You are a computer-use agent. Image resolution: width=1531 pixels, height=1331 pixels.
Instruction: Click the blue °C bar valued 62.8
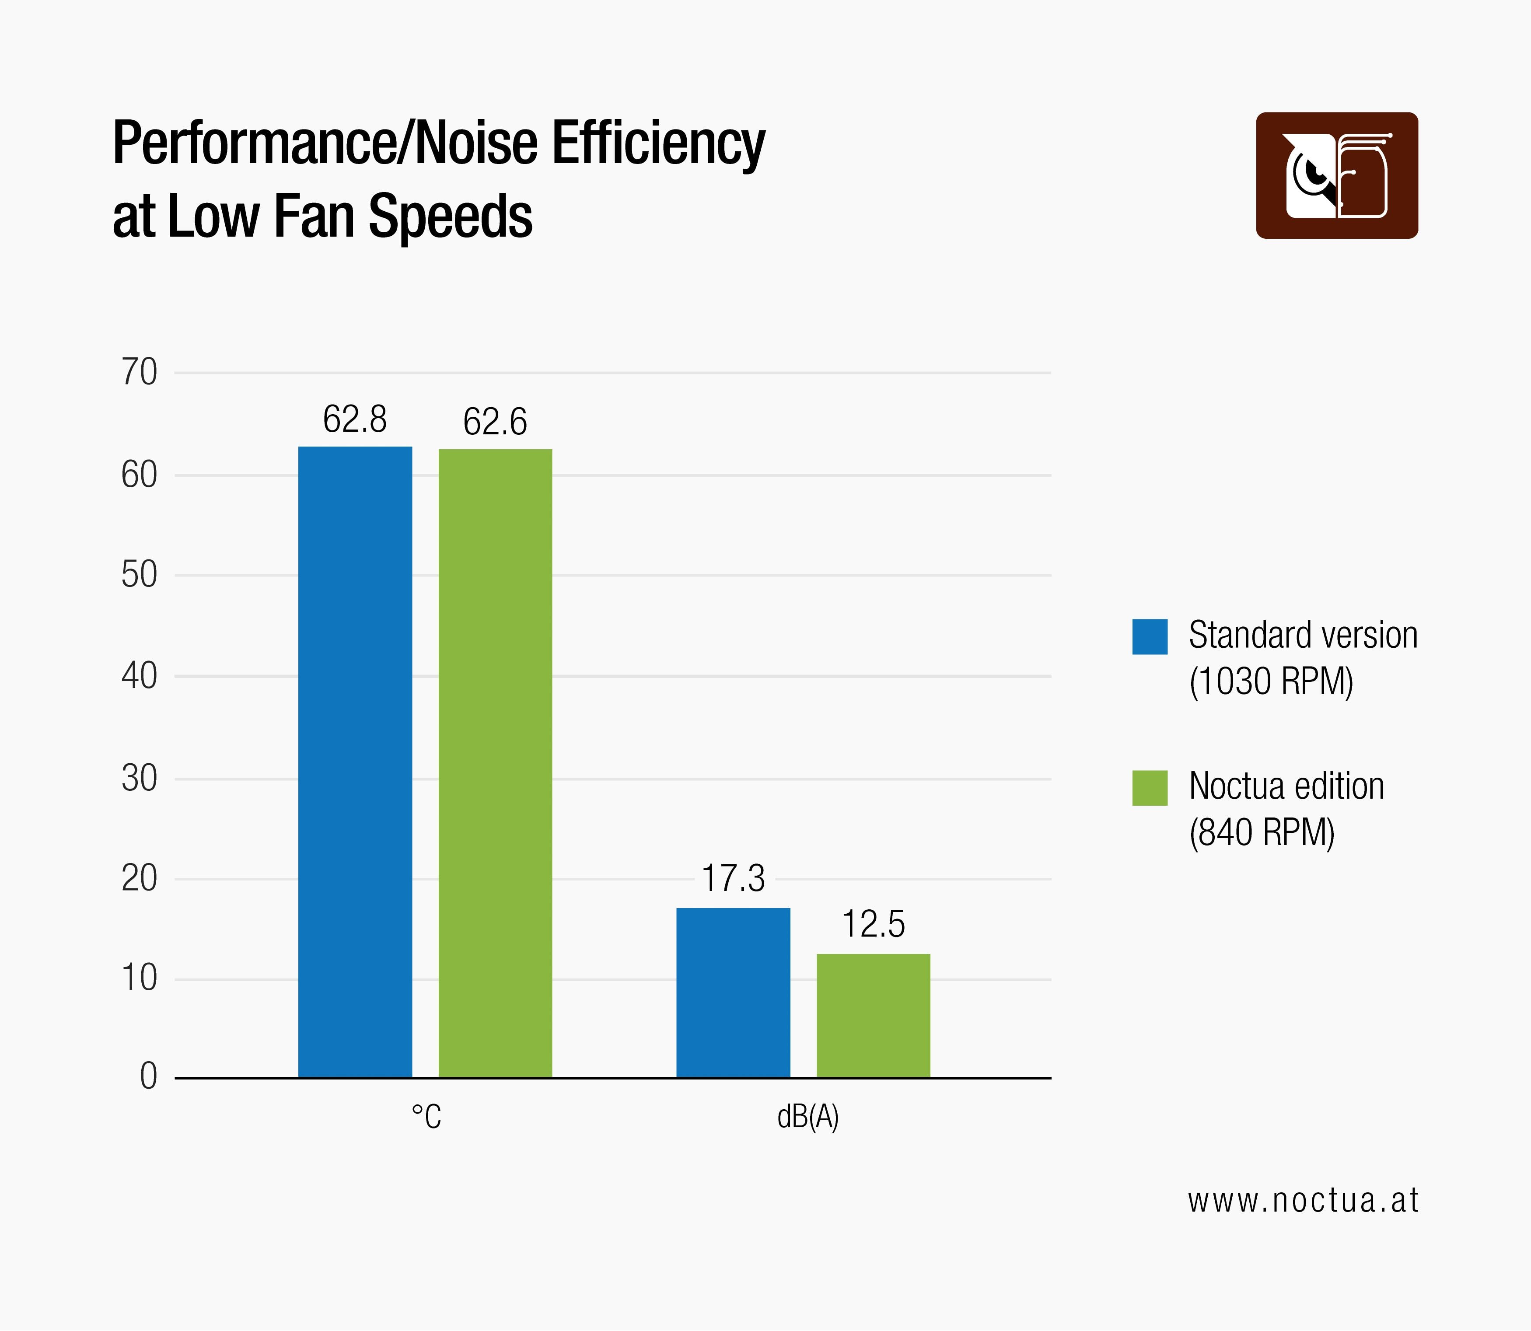(355, 762)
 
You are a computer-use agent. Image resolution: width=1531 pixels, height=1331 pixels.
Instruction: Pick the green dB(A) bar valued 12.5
(873, 1015)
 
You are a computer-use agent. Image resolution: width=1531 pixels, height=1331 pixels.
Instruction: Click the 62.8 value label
(355, 419)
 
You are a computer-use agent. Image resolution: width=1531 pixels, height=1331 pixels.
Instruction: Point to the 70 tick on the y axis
(140, 372)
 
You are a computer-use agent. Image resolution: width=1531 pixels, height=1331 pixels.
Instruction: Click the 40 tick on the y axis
(140, 676)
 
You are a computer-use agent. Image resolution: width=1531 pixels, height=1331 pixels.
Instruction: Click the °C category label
(426, 1116)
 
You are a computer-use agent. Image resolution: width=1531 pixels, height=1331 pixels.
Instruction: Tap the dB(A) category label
(807, 1116)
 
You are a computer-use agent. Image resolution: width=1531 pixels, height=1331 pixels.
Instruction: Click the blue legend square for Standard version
(1149, 636)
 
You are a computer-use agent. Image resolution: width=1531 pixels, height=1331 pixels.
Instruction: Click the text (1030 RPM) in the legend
(1271, 681)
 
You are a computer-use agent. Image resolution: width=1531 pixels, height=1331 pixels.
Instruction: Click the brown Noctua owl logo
(1336, 175)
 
